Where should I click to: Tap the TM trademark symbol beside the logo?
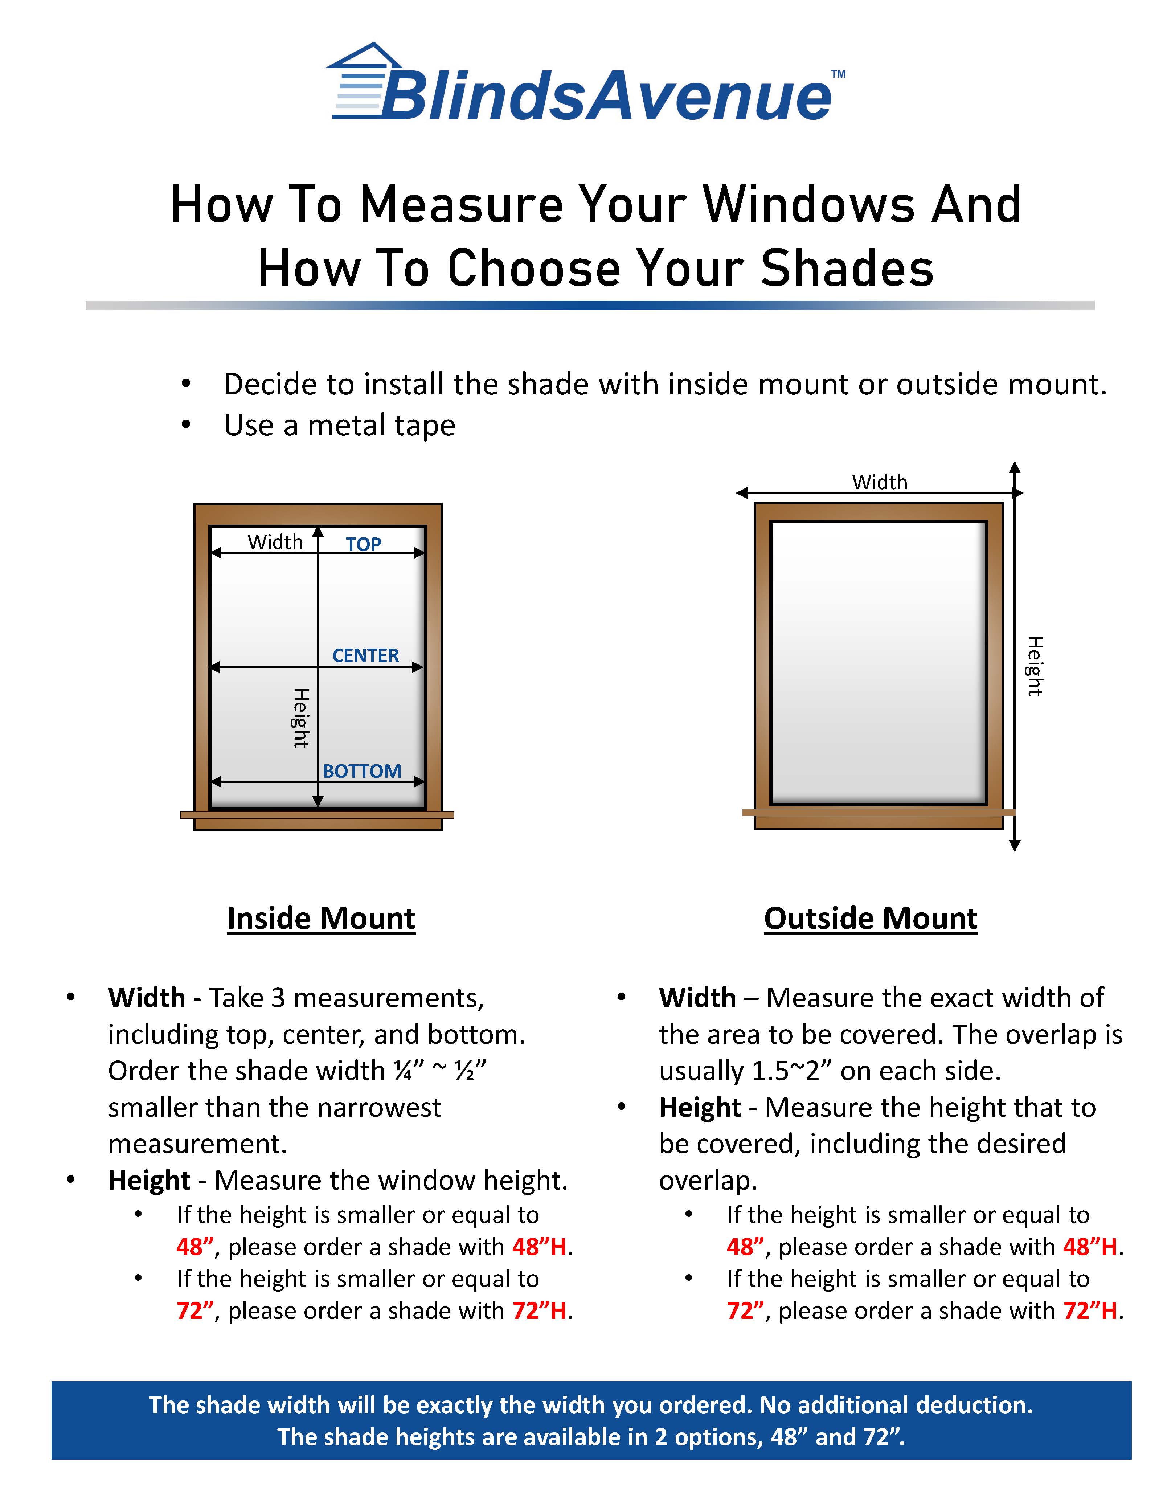click(x=838, y=74)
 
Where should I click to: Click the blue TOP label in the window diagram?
click(x=363, y=544)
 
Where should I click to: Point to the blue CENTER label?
click(x=365, y=655)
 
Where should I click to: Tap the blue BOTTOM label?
click(x=362, y=771)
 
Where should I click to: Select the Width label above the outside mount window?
click(x=879, y=482)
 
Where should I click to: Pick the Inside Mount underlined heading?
click(x=321, y=919)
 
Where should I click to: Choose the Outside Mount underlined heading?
click(x=870, y=919)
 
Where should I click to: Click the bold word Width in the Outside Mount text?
click(x=697, y=998)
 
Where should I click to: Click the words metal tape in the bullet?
click(x=381, y=425)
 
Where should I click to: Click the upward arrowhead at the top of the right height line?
click(x=1014, y=466)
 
